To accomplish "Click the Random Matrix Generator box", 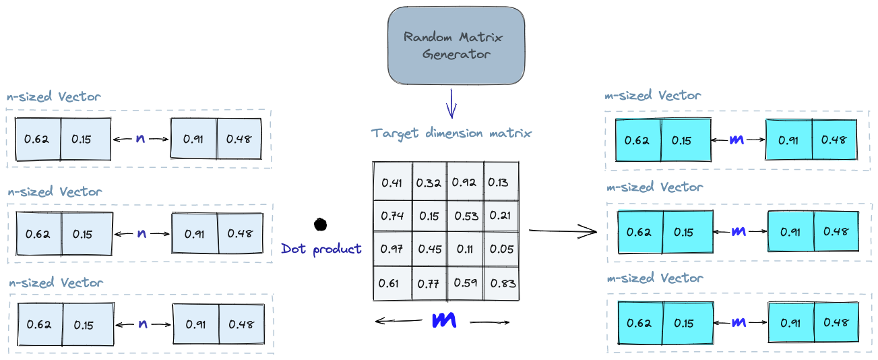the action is point(456,45).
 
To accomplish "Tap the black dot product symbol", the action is point(320,224).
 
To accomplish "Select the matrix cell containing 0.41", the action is point(393,181).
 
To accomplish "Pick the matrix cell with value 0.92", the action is point(465,181).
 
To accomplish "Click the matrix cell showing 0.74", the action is point(393,216).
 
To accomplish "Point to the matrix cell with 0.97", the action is point(393,249).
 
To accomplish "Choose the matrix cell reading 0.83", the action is point(502,283).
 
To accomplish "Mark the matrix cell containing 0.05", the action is point(502,249).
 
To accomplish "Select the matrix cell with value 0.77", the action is point(430,283).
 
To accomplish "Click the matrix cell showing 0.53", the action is point(465,216).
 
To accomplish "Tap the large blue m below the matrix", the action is point(444,320).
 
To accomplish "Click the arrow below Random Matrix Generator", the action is point(451,104).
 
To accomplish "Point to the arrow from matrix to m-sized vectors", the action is point(563,231).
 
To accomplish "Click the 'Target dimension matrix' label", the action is point(451,133).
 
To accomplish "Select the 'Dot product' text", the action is point(321,249).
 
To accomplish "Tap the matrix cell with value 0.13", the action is point(502,181).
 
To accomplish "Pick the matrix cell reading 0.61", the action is point(393,283).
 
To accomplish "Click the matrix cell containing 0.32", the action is point(430,181).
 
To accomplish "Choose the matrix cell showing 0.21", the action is point(502,216).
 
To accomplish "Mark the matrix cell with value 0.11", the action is point(465,249).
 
